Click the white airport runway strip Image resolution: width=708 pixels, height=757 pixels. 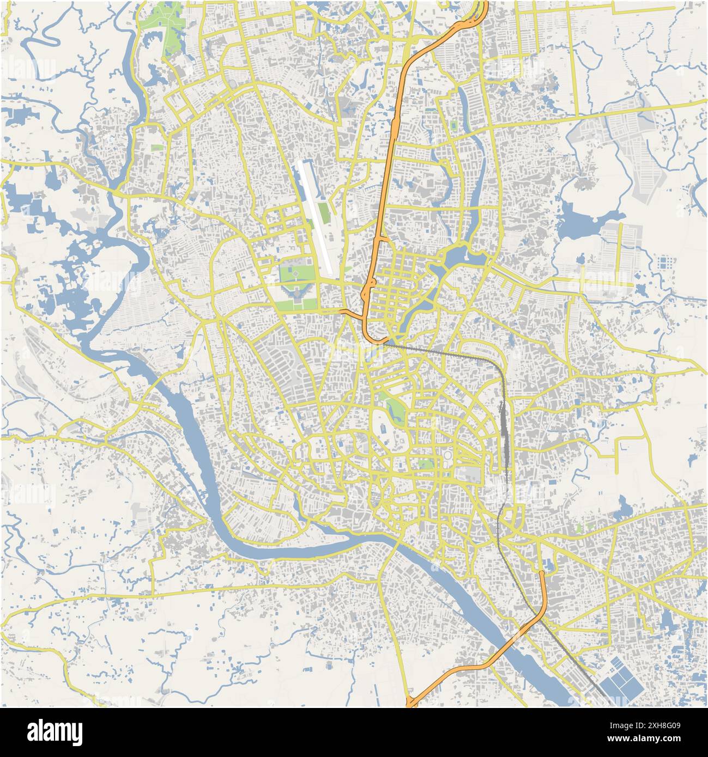pos(316,218)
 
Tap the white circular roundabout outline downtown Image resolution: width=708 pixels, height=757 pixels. pos(447,455)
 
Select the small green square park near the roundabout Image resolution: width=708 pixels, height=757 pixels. pos(426,464)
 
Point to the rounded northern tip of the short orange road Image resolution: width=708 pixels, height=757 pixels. pos(541,572)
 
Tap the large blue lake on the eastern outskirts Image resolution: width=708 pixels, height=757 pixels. pos(578,221)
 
